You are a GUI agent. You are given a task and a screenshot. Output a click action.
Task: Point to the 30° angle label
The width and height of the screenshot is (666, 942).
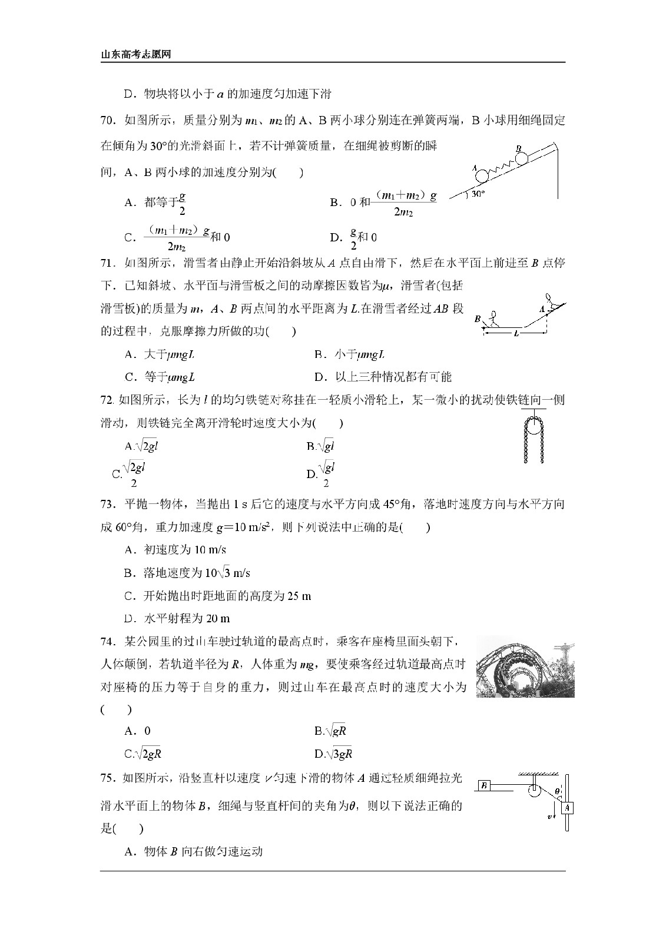(478, 193)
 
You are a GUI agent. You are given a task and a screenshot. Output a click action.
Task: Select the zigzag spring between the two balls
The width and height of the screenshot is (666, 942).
(501, 167)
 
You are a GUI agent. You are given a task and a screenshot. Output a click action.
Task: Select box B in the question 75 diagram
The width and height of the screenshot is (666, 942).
(484, 785)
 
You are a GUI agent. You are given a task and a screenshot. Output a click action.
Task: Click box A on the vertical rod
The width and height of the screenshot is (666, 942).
(566, 808)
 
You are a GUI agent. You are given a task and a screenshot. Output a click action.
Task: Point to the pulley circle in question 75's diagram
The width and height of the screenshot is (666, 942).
(534, 789)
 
